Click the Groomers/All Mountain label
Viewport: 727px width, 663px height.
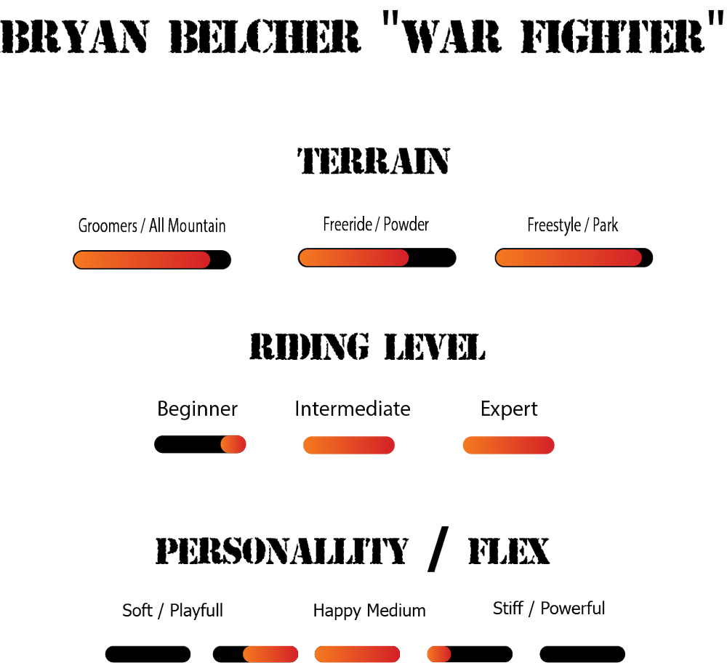152,225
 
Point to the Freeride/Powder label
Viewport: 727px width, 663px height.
376,224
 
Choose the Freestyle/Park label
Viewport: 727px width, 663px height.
572,225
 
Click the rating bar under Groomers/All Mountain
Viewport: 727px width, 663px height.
152,260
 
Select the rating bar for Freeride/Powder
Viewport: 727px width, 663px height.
377,257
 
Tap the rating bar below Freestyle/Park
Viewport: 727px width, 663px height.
574,257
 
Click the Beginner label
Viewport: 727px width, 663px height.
198,409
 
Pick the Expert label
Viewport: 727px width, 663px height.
509,409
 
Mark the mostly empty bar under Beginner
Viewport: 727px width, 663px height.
201,443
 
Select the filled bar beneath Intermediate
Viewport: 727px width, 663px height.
349,444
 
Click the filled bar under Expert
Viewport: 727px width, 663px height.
509,444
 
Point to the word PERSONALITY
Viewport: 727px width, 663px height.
282,552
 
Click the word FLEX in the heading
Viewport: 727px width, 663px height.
510,552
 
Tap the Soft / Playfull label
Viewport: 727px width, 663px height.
172,610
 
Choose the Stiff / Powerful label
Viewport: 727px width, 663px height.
549,608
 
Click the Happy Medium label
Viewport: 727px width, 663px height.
369,610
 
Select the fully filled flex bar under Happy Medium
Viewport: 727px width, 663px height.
358,654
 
